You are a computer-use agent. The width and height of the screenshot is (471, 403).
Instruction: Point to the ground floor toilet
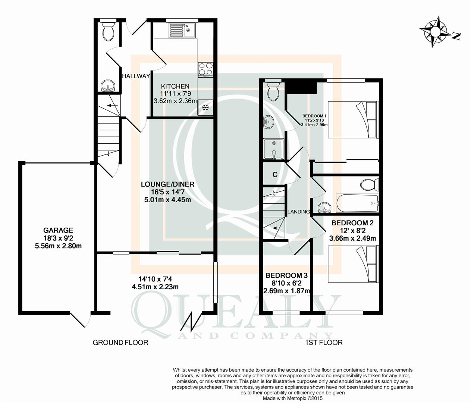click(108, 31)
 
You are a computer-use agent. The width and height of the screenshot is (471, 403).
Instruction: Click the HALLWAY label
click(136, 76)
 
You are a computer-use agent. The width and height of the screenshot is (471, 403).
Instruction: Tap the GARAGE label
click(58, 230)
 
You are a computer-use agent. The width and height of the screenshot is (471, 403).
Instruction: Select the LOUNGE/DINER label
click(167, 184)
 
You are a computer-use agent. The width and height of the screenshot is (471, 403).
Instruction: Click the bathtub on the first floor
click(357, 203)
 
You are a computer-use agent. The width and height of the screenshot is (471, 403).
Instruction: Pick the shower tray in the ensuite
click(274, 149)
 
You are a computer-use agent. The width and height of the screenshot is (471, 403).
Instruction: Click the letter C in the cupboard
click(275, 175)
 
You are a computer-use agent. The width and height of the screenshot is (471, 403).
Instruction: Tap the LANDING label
click(298, 212)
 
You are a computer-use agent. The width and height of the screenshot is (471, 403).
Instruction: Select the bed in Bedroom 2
click(353, 264)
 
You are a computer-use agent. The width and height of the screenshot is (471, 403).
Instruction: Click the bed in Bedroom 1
click(353, 120)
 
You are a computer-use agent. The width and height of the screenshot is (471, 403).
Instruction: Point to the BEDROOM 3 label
click(287, 275)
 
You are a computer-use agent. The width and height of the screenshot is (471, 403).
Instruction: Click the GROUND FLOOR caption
click(120, 343)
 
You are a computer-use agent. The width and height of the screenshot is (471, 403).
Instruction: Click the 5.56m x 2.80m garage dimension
click(58, 246)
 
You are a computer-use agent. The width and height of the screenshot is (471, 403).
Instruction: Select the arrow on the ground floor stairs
click(112, 105)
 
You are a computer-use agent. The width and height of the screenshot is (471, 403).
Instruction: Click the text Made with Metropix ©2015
click(293, 399)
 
